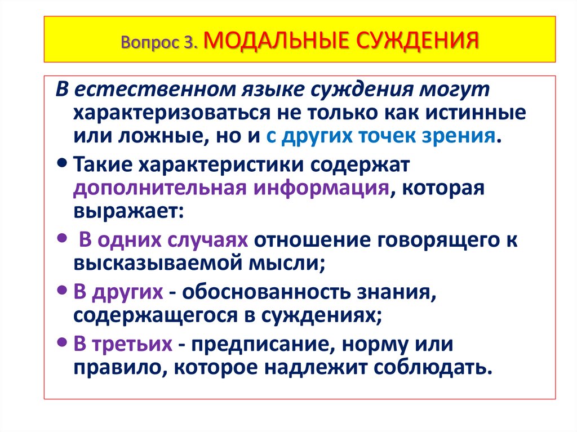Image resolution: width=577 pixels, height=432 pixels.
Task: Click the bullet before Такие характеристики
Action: click(x=61, y=163)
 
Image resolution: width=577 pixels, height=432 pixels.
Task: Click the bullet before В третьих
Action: click(x=61, y=342)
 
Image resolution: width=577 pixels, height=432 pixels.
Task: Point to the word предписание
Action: click(x=265, y=344)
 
